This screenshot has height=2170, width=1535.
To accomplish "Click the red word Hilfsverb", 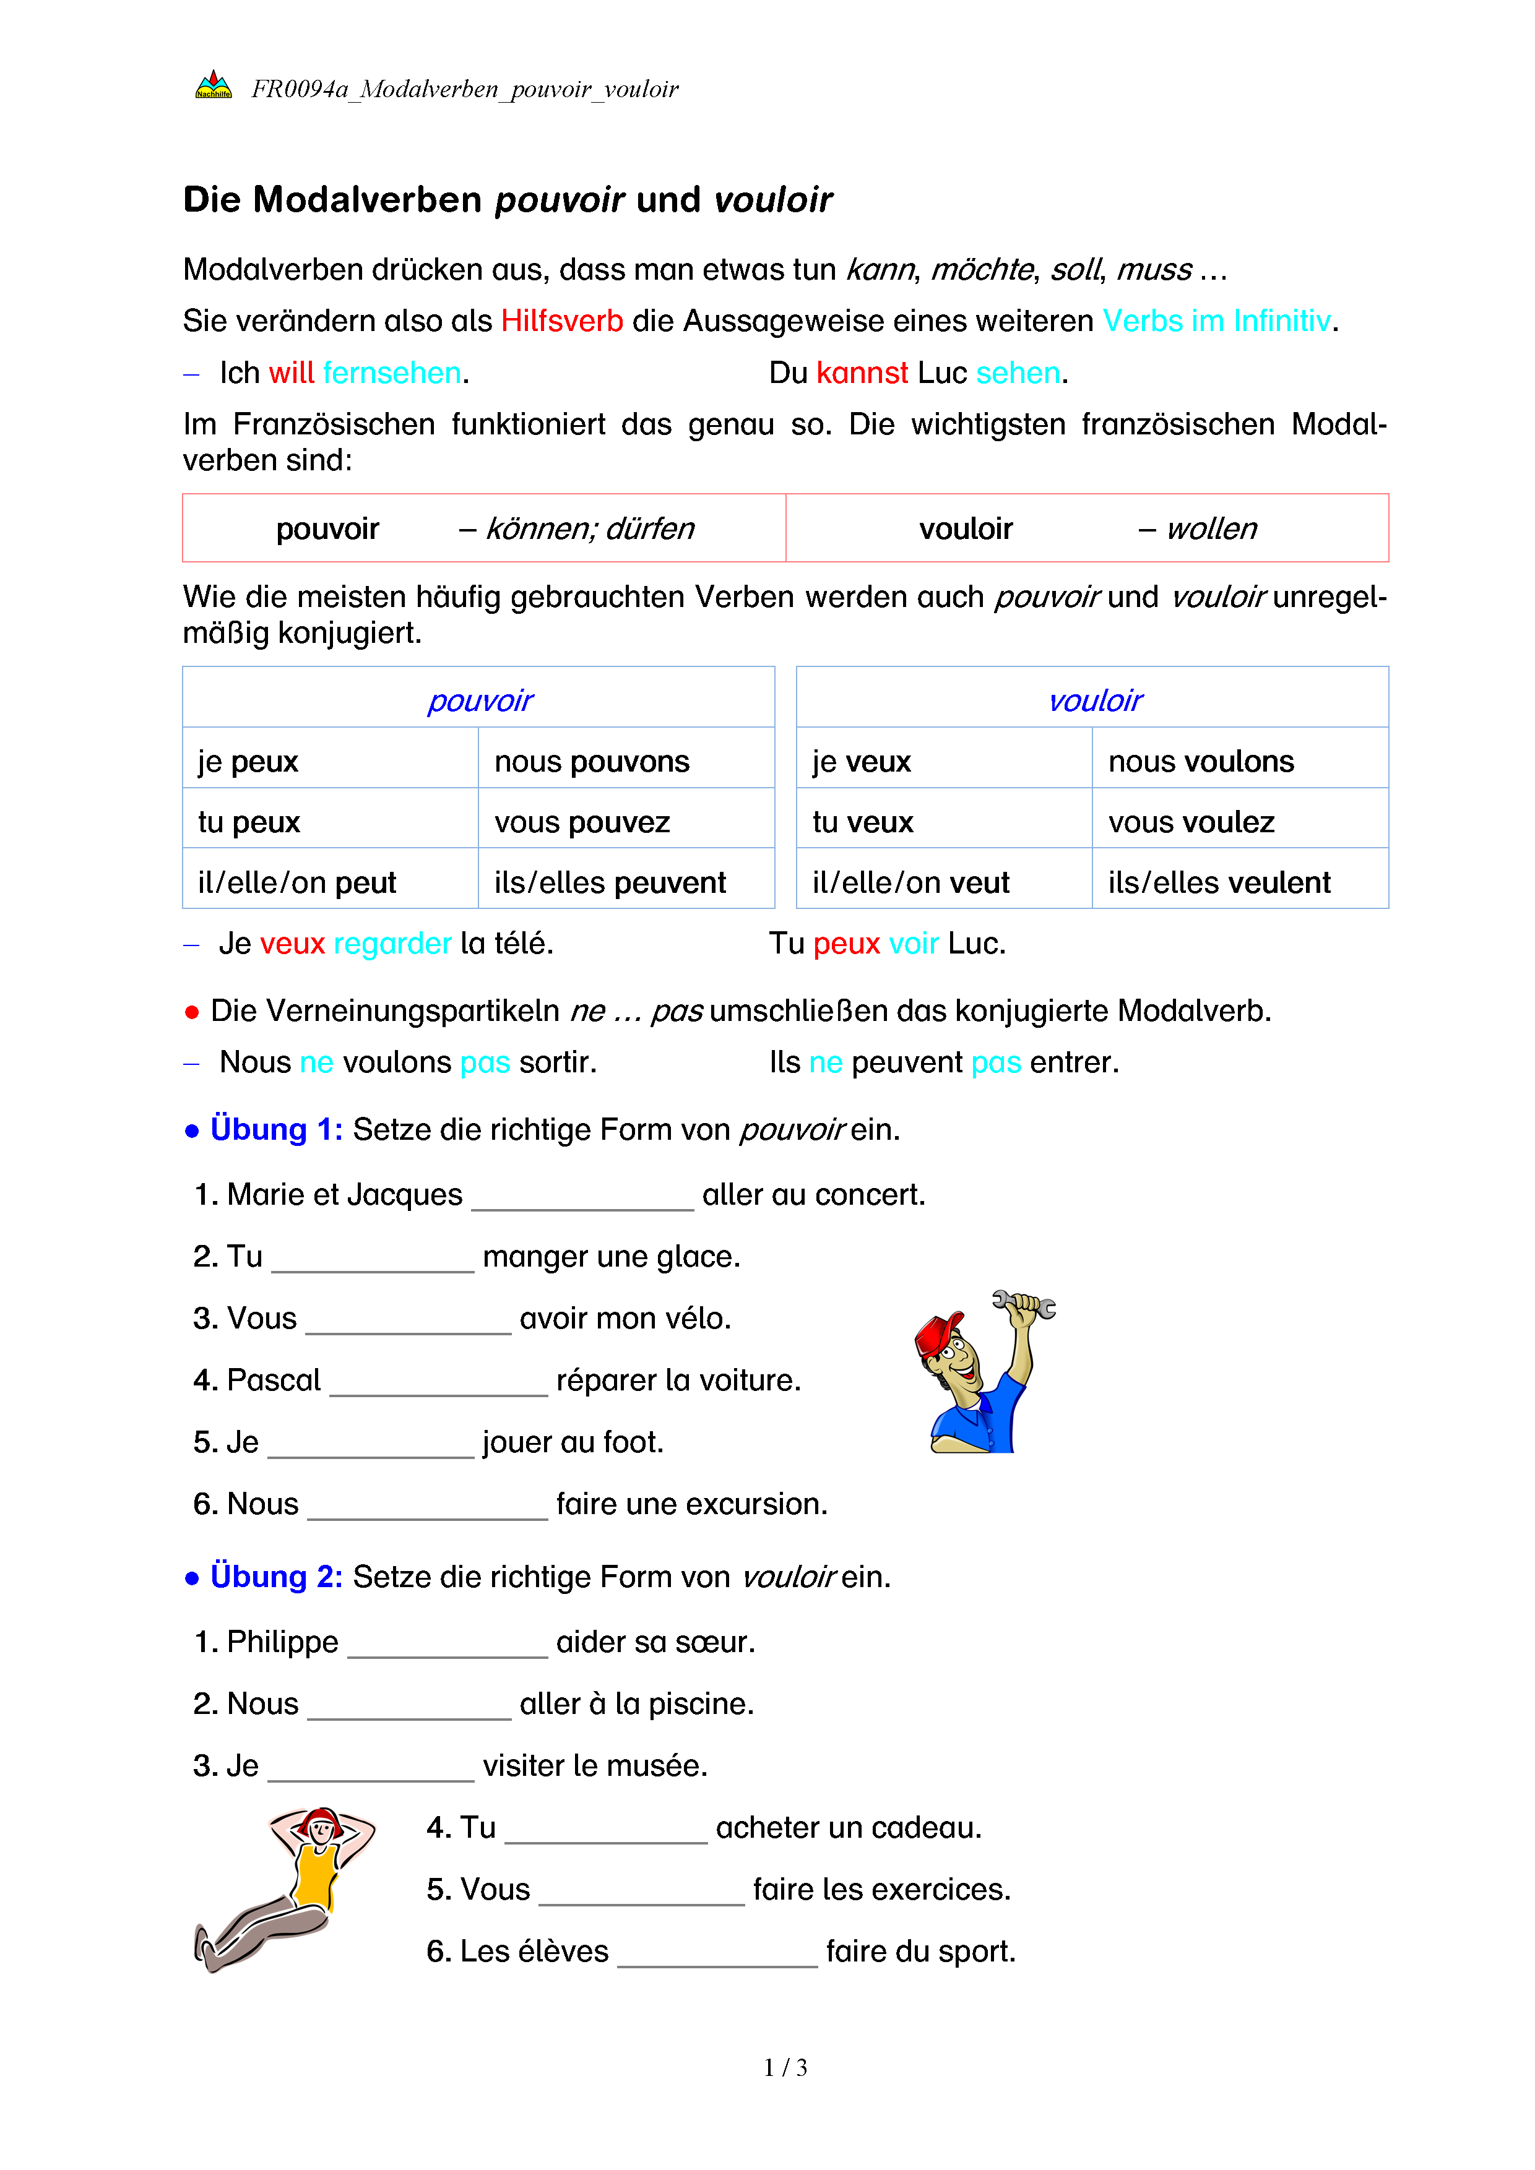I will (561, 321).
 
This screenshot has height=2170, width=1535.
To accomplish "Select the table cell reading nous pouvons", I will (592, 762).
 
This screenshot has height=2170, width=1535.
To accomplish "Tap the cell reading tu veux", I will (862, 822).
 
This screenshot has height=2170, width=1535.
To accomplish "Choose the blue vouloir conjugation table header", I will (1094, 700).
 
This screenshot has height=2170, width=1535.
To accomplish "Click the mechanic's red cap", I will (938, 1333).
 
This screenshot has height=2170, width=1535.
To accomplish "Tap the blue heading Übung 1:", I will (276, 1129).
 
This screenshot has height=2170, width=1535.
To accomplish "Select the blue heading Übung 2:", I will (276, 1577).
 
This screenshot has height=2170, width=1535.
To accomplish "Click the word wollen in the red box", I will (1212, 528).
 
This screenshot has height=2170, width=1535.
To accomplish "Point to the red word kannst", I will (862, 373).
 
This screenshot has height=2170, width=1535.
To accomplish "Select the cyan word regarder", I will (392, 943).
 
